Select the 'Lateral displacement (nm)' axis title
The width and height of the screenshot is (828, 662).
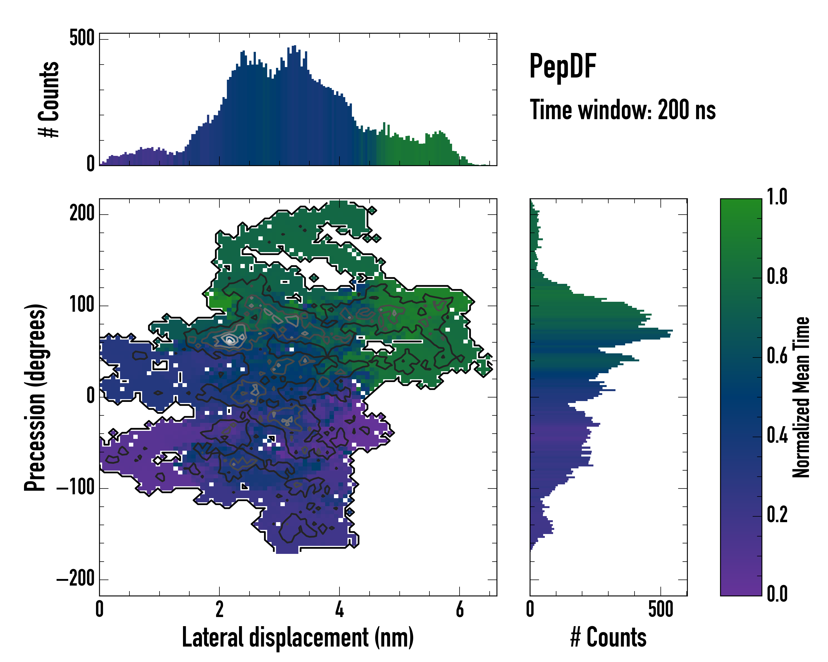point(298,637)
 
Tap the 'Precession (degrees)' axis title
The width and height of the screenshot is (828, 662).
point(35,397)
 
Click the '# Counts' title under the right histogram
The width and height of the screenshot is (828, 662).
point(608,637)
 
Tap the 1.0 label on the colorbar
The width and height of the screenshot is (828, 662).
point(777,197)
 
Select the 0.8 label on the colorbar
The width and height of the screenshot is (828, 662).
point(777,276)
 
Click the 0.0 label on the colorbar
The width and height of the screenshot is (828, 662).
point(777,594)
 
